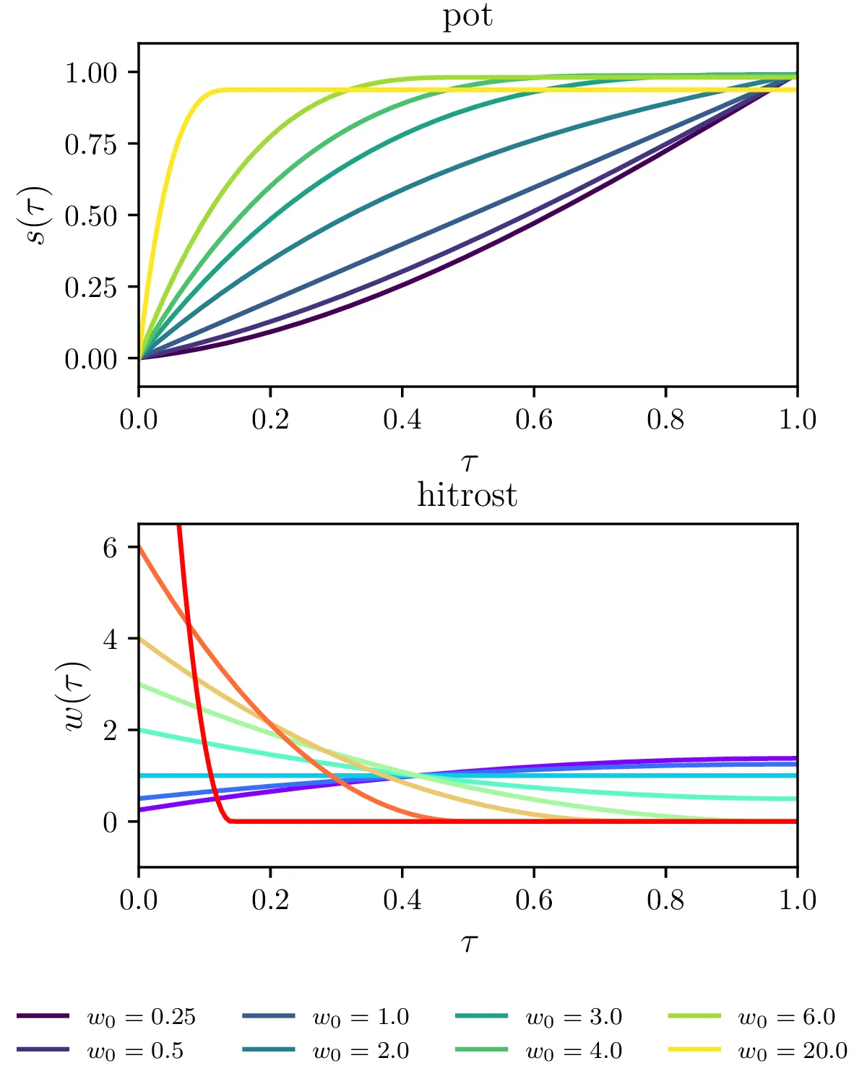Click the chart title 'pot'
click(x=467, y=16)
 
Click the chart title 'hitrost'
click(x=467, y=496)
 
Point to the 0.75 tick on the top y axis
click(x=91, y=145)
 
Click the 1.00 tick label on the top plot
click(x=91, y=73)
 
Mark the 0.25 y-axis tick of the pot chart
click(x=91, y=288)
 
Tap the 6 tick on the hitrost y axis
click(x=110, y=548)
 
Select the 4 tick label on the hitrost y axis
click(x=110, y=640)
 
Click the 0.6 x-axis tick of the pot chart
click(x=534, y=419)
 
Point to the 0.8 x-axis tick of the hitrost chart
click(x=665, y=900)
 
